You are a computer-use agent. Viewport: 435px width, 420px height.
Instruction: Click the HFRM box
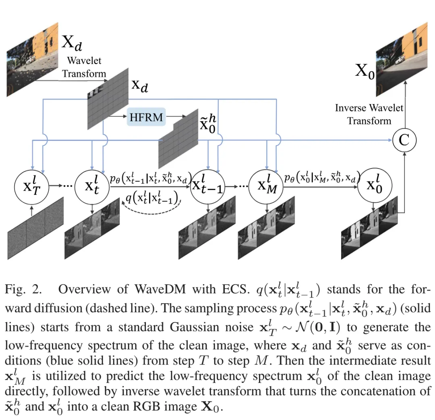tap(146, 117)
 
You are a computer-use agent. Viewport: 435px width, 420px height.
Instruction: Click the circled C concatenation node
tap(404, 140)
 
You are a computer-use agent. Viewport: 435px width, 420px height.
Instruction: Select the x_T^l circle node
tap(31, 187)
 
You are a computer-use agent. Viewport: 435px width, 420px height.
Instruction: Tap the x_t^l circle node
tap(93, 187)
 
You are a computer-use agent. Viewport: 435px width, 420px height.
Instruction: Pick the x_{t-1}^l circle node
tap(208, 187)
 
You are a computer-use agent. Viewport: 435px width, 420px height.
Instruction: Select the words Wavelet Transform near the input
tap(84, 67)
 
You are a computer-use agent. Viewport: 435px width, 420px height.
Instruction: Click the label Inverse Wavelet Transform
tap(369, 114)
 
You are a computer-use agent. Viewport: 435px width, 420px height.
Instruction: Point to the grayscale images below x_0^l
tap(369, 226)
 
